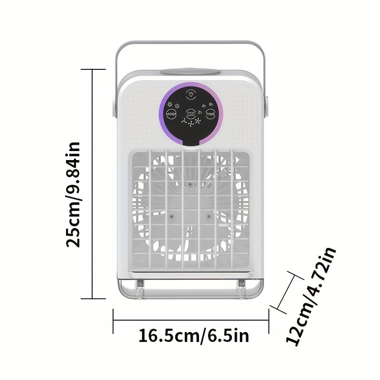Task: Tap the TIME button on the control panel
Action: point(210,114)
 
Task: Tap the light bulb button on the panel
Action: point(190,94)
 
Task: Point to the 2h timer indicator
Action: point(200,113)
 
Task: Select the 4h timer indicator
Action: point(204,106)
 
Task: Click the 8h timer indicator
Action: point(211,104)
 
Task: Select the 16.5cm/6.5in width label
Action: point(193,336)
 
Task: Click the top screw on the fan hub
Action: point(190,184)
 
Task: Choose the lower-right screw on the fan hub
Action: point(208,216)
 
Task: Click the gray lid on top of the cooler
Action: point(190,73)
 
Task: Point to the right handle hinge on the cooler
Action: point(266,107)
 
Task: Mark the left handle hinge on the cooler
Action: point(114,107)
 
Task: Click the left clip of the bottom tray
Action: point(140,284)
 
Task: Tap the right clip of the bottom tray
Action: point(241,284)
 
